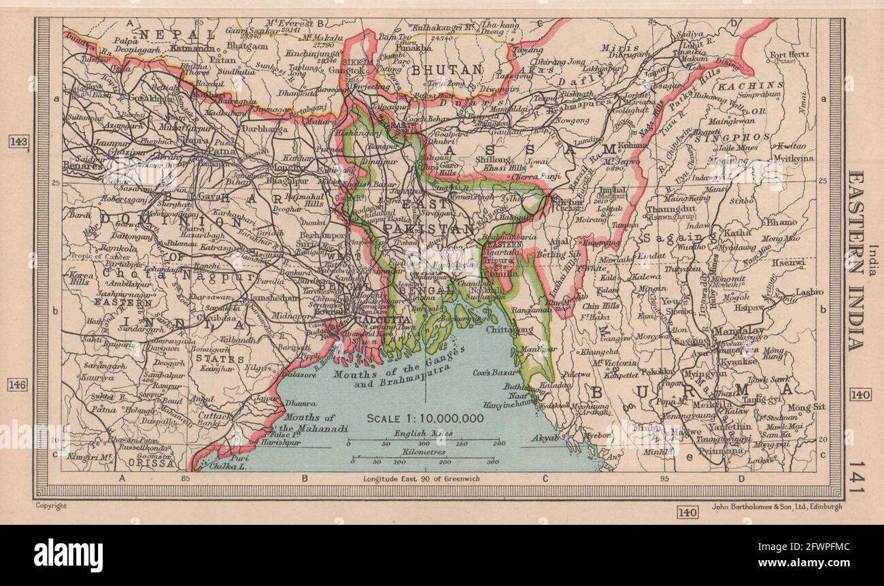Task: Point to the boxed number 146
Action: (x=18, y=385)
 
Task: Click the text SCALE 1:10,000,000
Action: (x=425, y=417)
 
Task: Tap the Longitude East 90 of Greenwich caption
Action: (x=422, y=479)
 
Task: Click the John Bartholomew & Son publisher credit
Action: (x=777, y=506)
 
